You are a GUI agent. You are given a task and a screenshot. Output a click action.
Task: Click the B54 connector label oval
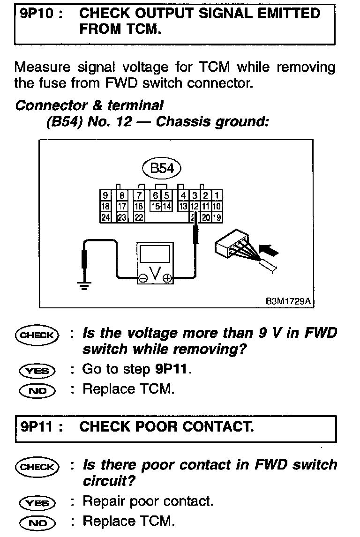[x=162, y=169]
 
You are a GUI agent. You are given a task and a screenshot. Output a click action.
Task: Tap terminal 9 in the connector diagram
[x=105, y=196]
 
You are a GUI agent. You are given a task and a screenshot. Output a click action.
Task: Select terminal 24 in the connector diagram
[x=105, y=217]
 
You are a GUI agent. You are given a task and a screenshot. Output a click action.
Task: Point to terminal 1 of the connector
[x=218, y=196]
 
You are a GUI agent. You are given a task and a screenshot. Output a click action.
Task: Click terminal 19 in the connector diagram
[x=217, y=217]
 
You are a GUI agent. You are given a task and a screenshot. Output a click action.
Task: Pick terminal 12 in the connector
[x=194, y=206]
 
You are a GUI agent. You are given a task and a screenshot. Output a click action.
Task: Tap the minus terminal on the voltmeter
[x=142, y=279]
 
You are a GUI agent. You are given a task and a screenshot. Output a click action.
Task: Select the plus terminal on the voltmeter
[x=167, y=279]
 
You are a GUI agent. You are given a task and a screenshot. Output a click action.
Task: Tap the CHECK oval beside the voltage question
[x=37, y=335]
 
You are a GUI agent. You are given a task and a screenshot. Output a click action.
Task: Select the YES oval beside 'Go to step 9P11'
[x=37, y=370]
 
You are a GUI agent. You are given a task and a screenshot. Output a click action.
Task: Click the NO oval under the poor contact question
[x=37, y=522]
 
